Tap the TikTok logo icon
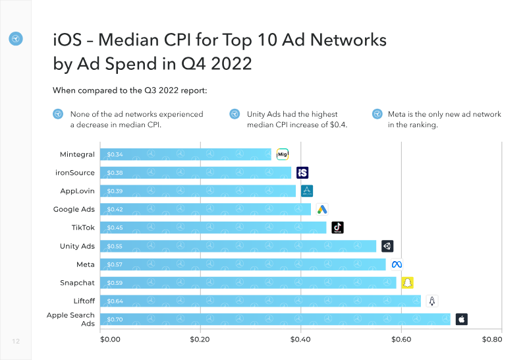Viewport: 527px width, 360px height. [x=337, y=227]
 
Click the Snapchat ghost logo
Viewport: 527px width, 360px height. [x=407, y=282]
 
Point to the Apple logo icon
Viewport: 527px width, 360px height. [x=461, y=319]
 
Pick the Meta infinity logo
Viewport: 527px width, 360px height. [x=397, y=264]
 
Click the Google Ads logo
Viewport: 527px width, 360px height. [x=321, y=209]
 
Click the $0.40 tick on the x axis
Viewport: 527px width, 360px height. [x=300, y=340]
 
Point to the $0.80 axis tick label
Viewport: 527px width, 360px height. [x=491, y=340]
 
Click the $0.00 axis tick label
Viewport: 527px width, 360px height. [x=109, y=340]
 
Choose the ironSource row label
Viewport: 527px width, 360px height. [x=75, y=173]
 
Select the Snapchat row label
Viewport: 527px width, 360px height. [x=77, y=282]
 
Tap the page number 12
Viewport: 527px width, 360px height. [x=16, y=341]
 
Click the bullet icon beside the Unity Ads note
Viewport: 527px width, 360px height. [x=235, y=114]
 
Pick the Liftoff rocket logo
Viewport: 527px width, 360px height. [x=432, y=301]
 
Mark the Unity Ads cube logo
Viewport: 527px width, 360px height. [x=387, y=246]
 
